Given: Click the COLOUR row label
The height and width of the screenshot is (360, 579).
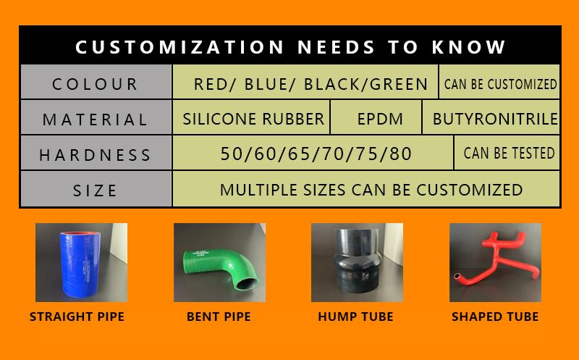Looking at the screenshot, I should [x=96, y=84].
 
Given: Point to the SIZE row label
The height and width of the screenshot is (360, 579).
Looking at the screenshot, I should [x=96, y=191].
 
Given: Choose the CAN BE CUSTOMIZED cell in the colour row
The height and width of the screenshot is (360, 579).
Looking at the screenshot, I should [x=500, y=84].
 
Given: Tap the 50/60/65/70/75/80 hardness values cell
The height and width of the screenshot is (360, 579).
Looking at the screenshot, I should [x=313, y=154].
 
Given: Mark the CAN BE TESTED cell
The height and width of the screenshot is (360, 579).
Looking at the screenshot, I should [x=509, y=154].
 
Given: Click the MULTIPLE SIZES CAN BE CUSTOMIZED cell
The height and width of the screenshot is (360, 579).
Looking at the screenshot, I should [x=371, y=190].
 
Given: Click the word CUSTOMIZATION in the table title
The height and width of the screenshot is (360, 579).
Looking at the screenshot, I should [x=180, y=47].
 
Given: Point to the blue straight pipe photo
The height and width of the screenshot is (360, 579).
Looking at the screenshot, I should [x=81, y=262].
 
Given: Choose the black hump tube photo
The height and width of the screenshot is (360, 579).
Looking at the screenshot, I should [x=357, y=262].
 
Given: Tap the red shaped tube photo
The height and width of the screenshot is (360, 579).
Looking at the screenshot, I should [x=495, y=262].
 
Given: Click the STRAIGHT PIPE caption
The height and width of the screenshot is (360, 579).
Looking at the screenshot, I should [x=77, y=317].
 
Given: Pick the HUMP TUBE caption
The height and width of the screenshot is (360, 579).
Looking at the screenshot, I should [x=355, y=317].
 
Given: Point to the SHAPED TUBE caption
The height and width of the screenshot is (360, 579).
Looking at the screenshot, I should [x=495, y=317].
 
